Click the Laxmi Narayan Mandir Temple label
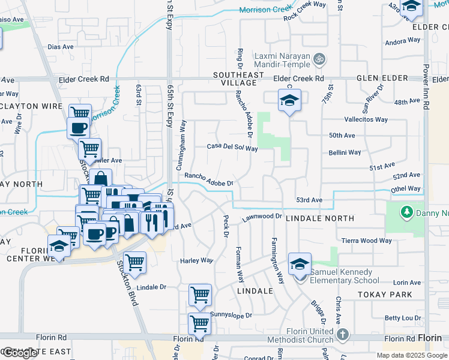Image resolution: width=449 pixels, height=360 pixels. tap(282, 61)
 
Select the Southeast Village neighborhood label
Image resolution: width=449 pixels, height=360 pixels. tap(239, 79)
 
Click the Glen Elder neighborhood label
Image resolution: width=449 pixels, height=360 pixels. tap(382, 79)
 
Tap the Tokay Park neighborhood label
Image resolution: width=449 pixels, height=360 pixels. tap(385, 295)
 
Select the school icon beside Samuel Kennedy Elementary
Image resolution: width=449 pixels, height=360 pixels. tap(300, 264)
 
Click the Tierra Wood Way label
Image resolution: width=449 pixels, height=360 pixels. tap(366, 241)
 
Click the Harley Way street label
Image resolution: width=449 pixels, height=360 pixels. tap(197, 260)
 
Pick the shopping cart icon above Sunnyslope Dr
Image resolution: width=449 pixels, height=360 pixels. tap(200, 295)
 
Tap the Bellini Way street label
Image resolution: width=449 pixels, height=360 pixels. tap(345, 152)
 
